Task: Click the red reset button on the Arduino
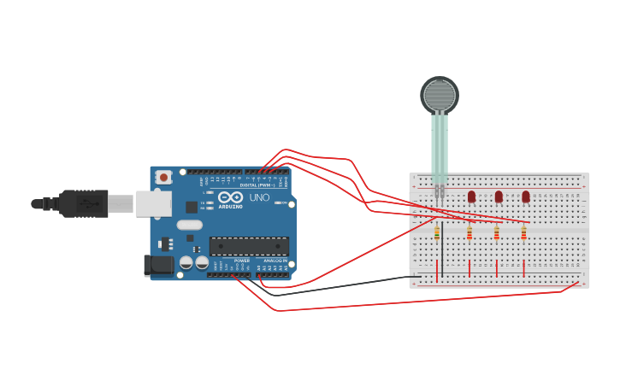163,177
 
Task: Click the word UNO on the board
259,197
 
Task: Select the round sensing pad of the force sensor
440,94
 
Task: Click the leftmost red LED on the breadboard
471,196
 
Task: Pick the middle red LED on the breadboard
499,196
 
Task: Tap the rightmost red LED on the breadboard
526,196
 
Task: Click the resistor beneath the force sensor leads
437,233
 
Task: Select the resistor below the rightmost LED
523,232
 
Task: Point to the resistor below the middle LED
497,232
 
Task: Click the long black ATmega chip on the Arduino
249,246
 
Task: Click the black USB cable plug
84,203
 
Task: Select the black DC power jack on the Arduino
159,266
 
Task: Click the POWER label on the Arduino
242,261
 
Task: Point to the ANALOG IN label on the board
275,261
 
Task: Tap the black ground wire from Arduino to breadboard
342,283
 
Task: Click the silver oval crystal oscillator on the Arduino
189,225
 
